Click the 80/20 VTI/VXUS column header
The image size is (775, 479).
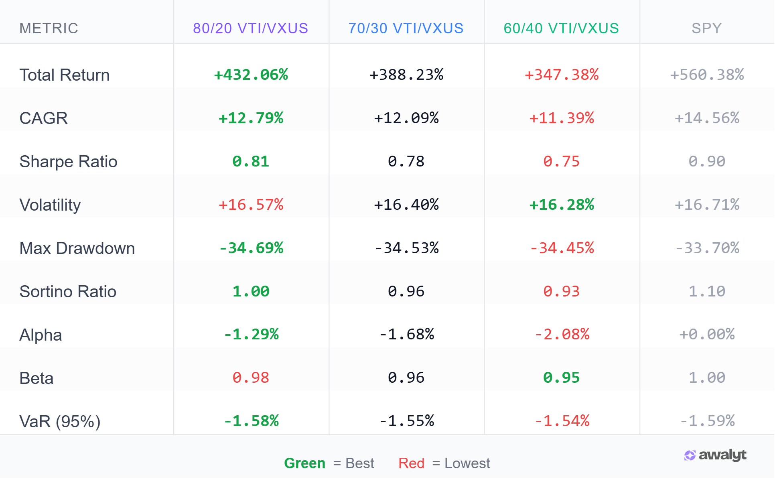click(x=250, y=28)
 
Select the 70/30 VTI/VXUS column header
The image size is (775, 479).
click(x=406, y=28)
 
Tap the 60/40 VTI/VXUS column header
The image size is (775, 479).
click(x=561, y=28)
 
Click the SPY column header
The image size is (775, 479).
click(x=706, y=28)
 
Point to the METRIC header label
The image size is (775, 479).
click(x=49, y=28)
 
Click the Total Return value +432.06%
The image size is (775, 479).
click(x=251, y=75)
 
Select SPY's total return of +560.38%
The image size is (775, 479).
click(x=707, y=75)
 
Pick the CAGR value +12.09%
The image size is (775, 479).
click(x=406, y=118)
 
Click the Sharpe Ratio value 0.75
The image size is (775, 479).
click(x=561, y=161)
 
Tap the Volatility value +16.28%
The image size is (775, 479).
click(x=561, y=205)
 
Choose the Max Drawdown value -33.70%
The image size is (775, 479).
click(x=707, y=248)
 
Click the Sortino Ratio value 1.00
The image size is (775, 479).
click(x=251, y=291)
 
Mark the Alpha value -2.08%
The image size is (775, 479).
click(x=561, y=334)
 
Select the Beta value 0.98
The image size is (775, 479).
click(x=251, y=378)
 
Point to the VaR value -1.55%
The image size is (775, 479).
click(x=406, y=421)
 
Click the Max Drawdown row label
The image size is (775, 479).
click(x=77, y=248)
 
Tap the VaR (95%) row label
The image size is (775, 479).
click(x=60, y=422)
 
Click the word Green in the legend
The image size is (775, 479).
click(x=304, y=463)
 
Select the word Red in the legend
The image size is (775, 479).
click(x=411, y=463)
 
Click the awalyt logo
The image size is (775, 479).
click(x=715, y=455)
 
